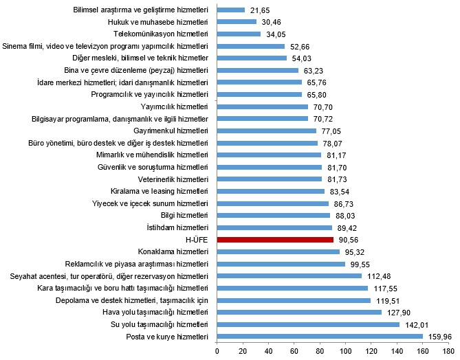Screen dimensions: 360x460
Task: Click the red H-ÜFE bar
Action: (x=275, y=240)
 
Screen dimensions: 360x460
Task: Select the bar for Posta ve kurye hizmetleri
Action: (x=320, y=337)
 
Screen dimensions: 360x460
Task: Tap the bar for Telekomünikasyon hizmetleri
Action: (x=239, y=34)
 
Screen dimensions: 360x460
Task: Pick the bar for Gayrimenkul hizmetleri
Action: (x=266, y=131)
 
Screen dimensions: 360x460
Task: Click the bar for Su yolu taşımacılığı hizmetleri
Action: (x=308, y=324)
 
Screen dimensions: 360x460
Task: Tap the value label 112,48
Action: (x=377, y=276)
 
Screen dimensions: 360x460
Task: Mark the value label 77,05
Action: (x=331, y=131)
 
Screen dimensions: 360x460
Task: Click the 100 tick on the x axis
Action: (x=345, y=351)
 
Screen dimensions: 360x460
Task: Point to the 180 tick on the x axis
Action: (x=448, y=351)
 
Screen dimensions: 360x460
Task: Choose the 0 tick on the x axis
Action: (x=217, y=351)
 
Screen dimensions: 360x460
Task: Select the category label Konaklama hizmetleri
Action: (x=173, y=251)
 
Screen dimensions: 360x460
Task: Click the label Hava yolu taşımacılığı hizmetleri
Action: (x=152, y=313)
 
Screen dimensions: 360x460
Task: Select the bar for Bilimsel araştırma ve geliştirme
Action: (x=231, y=10)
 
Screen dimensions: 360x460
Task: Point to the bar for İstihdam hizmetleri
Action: (x=274, y=227)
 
